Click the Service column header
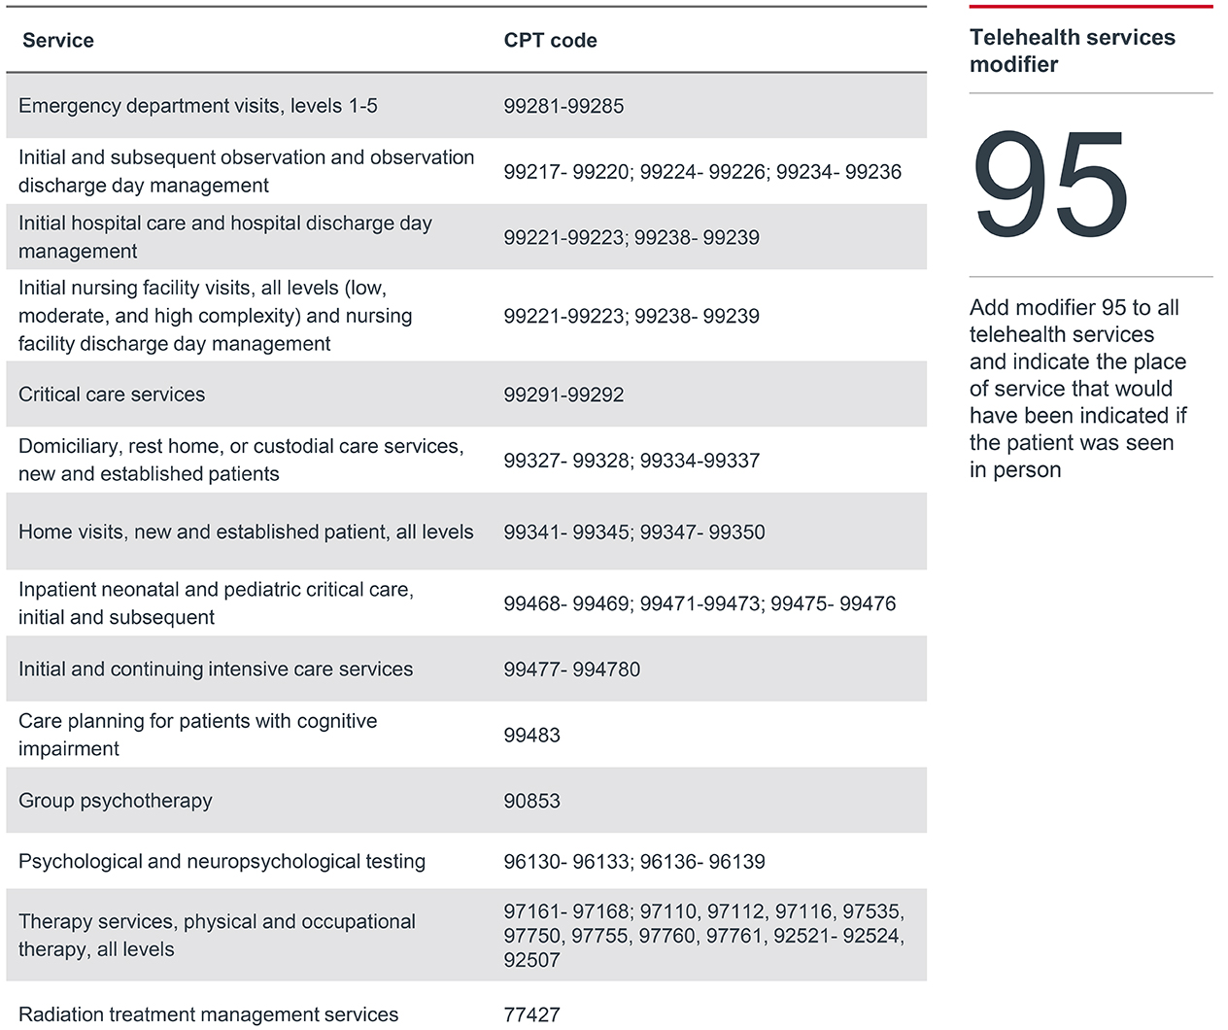(x=58, y=41)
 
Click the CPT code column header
(x=550, y=41)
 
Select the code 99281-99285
(x=563, y=106)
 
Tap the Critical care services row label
(x=112, y=395)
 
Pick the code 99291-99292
(x=563, y=395)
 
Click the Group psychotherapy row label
(x=115, y=801)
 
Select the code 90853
(x=531, y=801)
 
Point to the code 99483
(x=531, y=735)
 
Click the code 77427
(x=531, y=1014)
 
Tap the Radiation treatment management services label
(x=208, y=1014)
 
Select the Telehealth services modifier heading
(x=1072, y=51)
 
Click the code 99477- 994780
(x=571, y=669)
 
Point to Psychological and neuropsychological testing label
(x=222, y=861)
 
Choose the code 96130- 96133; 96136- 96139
(x=633, y=861)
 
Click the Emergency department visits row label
(x=197, y=106)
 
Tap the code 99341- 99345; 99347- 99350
(x=633, y=532)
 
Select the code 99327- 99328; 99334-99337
(x=631, y=461)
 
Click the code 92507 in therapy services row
(x=531, y=960)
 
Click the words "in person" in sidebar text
(x=1015, y=470)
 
